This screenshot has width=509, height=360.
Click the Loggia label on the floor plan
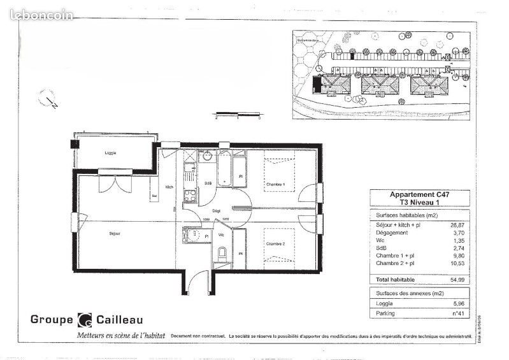(x=111, y=154)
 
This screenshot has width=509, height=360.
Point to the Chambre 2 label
(x=275, y=243)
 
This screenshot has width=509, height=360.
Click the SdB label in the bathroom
(x=208, y=184)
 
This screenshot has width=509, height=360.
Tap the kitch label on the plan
(x=169, y=187)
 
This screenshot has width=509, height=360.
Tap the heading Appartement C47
(x=420, y=195)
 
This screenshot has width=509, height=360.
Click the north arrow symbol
(x=48, y=99)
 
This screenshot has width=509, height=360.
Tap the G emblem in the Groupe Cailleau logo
(x=84, y=320)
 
